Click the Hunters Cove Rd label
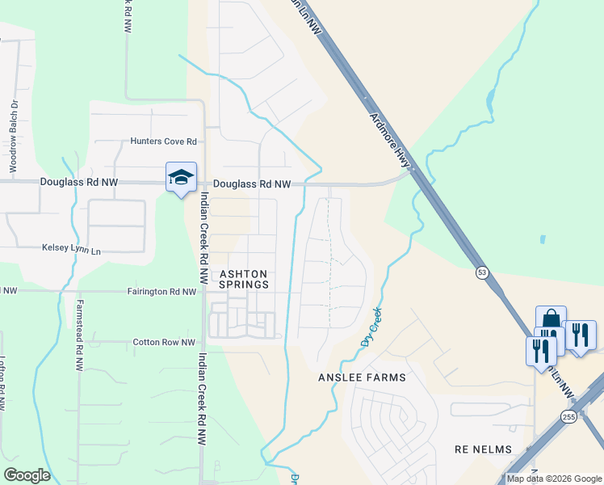coord(164,141)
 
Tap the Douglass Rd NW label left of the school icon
coord(78,183)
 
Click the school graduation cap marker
coord(181,177)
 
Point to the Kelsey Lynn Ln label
coord(72,251)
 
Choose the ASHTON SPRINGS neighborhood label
coord(244,279)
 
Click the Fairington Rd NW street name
coord(161,292)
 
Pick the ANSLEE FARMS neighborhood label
coord(362,377)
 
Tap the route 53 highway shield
coord(482,272)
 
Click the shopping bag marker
coord(551,319)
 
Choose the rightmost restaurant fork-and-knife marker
coord(581,334)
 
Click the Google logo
coord(27,475)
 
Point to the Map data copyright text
coord(553,479)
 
